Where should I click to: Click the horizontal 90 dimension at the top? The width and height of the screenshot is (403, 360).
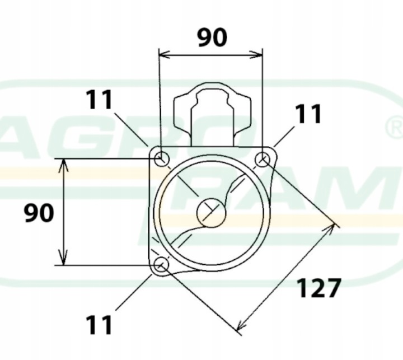[212, 38]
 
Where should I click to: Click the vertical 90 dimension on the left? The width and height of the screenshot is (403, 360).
[39, 213]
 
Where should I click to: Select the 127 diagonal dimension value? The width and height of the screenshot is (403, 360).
[319, 288]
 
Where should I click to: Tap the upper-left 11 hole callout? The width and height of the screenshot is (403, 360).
[99, 100]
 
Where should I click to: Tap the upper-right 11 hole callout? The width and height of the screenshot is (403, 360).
[308, 114]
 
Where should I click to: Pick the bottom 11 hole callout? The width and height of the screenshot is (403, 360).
[99, 325]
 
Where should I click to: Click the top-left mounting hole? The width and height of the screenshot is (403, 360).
[162, 158]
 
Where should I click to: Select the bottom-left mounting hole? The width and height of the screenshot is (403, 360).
[161, 265]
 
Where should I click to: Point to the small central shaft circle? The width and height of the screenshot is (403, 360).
[211, 213]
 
